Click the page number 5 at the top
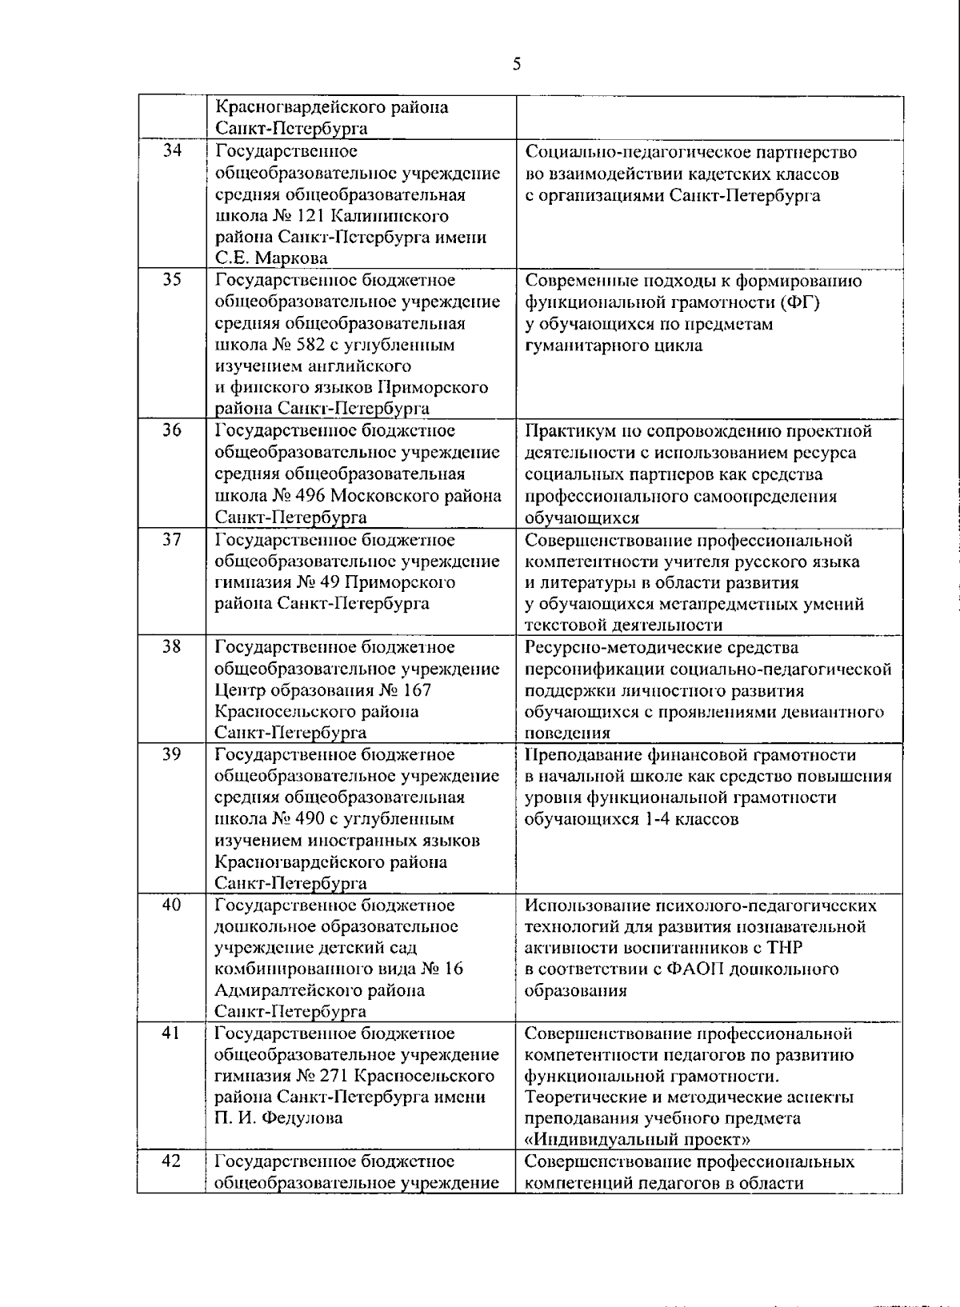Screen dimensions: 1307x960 (x=517, y=65)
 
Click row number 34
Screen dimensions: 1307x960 (x=172, y=150)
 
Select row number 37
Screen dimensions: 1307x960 (x=172, y=539)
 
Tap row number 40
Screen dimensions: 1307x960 (x=172, y=905)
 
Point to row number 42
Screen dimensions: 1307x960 (x=172, y=1161)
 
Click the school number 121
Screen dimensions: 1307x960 (x=309, y=216)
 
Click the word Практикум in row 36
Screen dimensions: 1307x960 (x=567, y=431)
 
